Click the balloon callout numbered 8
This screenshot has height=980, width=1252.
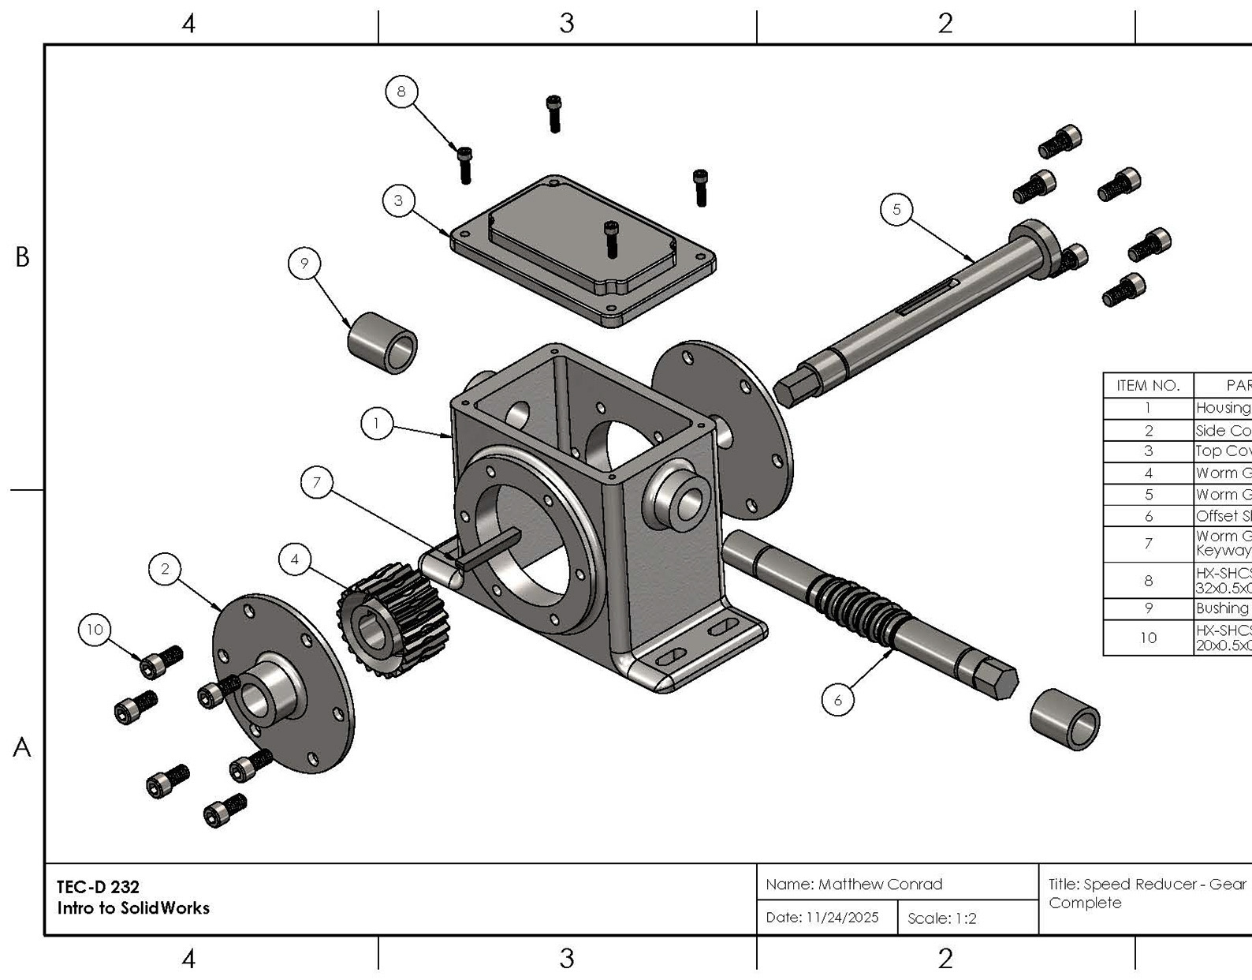[x=401, y=92]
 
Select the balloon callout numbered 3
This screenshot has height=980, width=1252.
[x=399, y=200]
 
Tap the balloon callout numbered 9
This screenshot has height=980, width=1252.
[x=304, y=263]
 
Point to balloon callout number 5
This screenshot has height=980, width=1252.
[x=896, y=209]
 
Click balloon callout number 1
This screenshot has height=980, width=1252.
[x=377, y=424]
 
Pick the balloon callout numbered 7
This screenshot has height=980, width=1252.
[x=317, y=482]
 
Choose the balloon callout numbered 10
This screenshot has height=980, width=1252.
[x=95, y=630]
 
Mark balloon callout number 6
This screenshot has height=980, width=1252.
[x=837, y=700]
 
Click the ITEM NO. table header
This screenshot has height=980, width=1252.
[x=1148, y=386]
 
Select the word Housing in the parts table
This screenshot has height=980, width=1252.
[x=1223, y=408]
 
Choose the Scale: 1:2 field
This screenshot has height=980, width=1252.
[x=942, y=918]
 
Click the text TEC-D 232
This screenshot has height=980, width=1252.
[x=98, y=887]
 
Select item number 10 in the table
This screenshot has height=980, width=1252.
[x=1148, y=638]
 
